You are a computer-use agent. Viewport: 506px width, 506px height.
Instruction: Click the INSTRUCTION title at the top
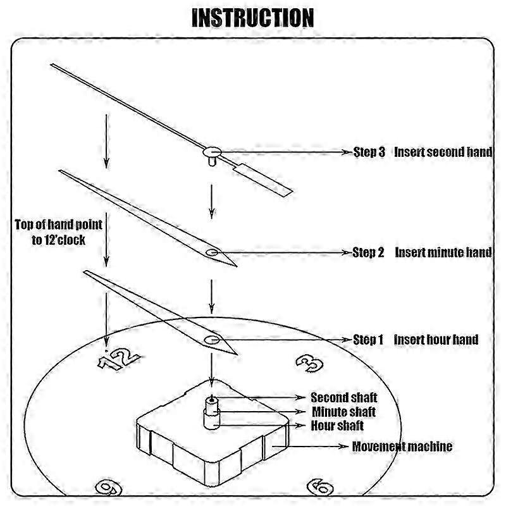tap(252, 18)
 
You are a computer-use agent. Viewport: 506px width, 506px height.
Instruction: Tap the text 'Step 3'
tap(369, 152)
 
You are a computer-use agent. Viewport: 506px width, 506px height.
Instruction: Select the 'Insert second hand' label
tap(443, 152)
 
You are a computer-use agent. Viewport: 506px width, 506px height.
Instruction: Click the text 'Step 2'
tap(369, 252)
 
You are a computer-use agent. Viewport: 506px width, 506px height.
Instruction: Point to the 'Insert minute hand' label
tap(443, 252)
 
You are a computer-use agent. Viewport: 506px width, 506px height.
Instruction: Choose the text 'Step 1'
tap(368, 340)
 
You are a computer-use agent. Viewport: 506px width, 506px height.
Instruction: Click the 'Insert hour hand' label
tap(436, 340)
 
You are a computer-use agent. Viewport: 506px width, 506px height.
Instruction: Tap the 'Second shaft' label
tap(343, 398)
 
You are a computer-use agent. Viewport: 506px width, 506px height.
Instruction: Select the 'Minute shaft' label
tap(343, 412)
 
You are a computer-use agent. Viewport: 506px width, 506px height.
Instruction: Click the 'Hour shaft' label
tap(337, 426)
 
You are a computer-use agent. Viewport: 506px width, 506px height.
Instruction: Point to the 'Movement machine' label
tap(402, 447)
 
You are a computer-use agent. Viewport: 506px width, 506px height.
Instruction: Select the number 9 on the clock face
tap(108, 487)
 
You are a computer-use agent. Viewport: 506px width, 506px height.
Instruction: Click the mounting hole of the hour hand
tap(211, 340)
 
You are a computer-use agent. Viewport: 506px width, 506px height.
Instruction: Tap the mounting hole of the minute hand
tap(211, 253)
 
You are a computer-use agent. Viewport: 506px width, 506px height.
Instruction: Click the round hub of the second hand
tap(212, 151)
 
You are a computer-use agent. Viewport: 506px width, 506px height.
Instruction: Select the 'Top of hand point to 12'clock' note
tap(59, 231)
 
